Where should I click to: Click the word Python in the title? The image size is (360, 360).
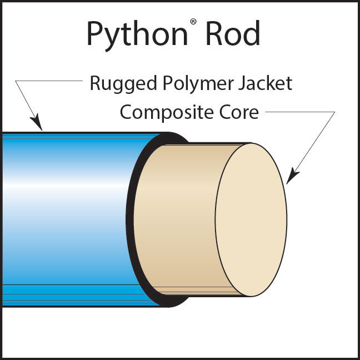pos(136,34)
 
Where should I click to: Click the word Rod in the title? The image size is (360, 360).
pos(233,34)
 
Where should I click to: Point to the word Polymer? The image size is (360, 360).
pos(193,84)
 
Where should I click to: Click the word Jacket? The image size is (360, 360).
pos(264,84)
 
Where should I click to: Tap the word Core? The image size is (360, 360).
pos(239,112)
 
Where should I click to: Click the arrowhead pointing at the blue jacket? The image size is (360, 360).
pos(37,122)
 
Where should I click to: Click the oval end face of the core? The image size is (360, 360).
pos(251,219)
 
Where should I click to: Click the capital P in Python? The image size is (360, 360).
pos(95,34)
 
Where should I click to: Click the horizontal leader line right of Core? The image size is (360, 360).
pos(300,112)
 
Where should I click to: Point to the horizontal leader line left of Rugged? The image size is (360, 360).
pos(50,81)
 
